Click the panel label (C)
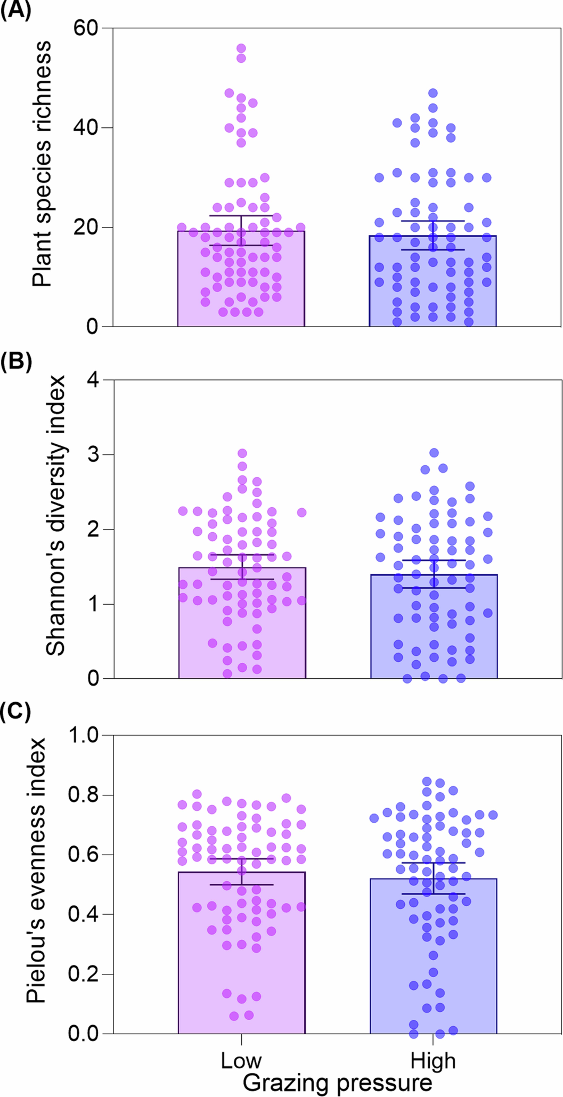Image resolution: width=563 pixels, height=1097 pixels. [15, 713]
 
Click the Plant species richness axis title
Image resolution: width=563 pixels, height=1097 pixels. [42, 164]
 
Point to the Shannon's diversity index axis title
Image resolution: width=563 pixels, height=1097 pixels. [55, 515]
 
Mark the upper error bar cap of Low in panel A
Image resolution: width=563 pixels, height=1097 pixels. [241, 215]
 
